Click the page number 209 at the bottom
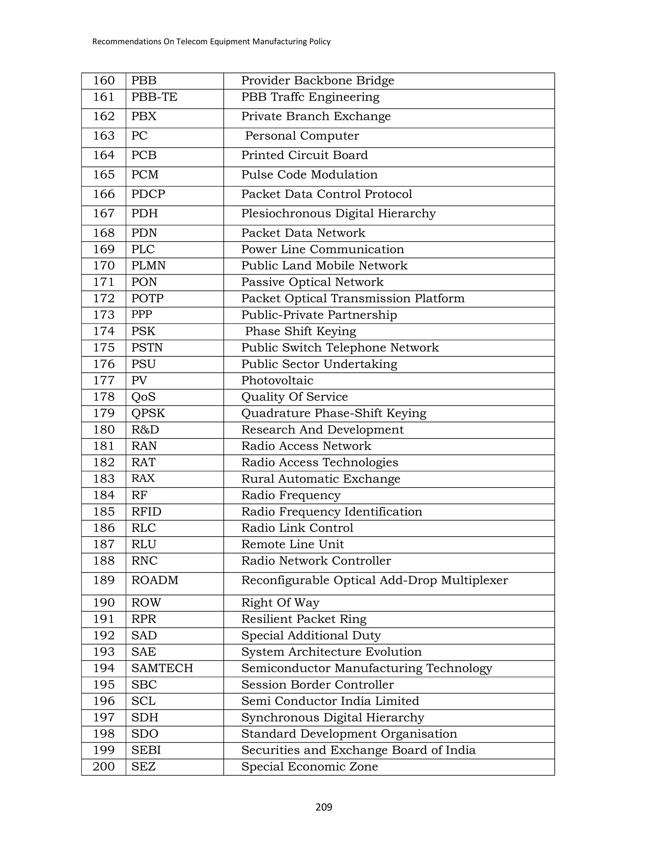click(324, 807)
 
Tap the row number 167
click(104, 213)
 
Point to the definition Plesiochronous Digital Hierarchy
click(338, 213)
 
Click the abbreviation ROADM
click(155, 580)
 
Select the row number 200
click(104, 766)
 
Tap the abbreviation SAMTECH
click(162, 668)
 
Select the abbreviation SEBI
click(146, 750)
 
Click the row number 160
click(104, 81)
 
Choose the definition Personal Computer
click(302, 136)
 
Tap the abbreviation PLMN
click(148, 266)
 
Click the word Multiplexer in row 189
click(474, 580)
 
